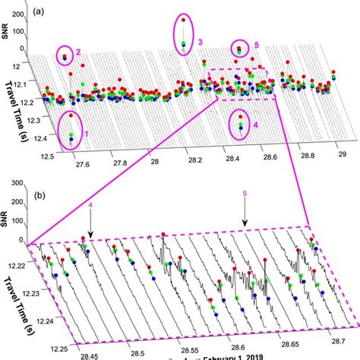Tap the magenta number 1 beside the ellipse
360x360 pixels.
coord(87,134)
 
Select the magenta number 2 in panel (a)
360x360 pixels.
coord(77,52)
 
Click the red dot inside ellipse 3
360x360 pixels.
coord(182,22)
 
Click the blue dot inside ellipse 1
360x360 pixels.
coord(71,139)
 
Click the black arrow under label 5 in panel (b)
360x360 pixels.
coord(245,219)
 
